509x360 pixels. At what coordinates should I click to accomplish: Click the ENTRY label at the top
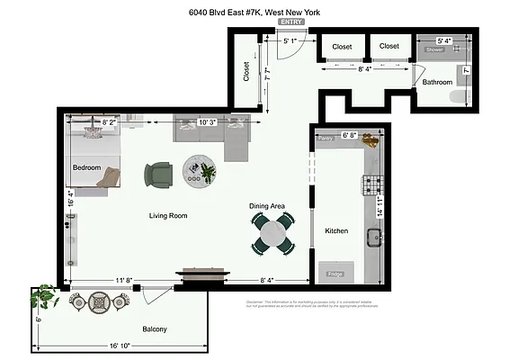290,22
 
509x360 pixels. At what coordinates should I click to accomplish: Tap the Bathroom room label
437,82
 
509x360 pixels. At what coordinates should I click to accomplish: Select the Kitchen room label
336,231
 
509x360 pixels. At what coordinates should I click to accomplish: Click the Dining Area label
267,206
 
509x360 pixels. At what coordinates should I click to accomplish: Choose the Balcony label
154,329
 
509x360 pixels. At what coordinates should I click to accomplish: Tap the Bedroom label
87,167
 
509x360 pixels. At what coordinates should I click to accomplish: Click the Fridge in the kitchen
335,273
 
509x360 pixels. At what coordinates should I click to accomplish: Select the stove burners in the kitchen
371,186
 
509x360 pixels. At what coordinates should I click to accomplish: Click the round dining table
272,232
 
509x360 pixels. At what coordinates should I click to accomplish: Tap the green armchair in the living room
159,175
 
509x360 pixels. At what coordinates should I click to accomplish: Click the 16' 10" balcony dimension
121,346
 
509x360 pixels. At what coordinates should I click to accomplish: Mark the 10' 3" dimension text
208,121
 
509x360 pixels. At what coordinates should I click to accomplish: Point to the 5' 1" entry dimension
290,41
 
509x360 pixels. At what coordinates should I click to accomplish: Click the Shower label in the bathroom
434,50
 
